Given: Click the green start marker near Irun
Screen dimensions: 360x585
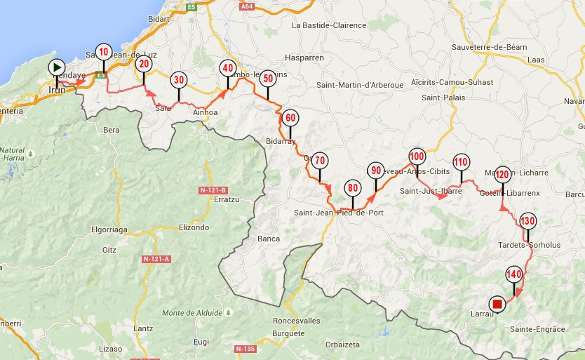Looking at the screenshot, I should tap(57, 67).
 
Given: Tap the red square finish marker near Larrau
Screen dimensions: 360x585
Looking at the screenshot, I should tap(497, 304).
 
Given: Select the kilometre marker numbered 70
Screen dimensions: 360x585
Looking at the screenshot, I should tap(319, 161).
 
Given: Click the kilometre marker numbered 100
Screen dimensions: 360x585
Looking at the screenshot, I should tap(417, 156).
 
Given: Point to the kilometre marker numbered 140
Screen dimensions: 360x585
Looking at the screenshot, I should tap(514, 274).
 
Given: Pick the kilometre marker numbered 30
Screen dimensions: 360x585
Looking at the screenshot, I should tap(179, 79).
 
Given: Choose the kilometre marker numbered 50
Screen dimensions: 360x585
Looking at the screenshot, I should tap(267, 79).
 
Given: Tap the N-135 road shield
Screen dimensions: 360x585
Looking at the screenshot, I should tap(245, 349).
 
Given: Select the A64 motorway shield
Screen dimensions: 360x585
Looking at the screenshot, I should tap(246, 6).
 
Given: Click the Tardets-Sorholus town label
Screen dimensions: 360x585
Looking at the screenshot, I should tap(529, 245).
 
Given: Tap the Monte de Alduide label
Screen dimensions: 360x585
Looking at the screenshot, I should tap(192, 312).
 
